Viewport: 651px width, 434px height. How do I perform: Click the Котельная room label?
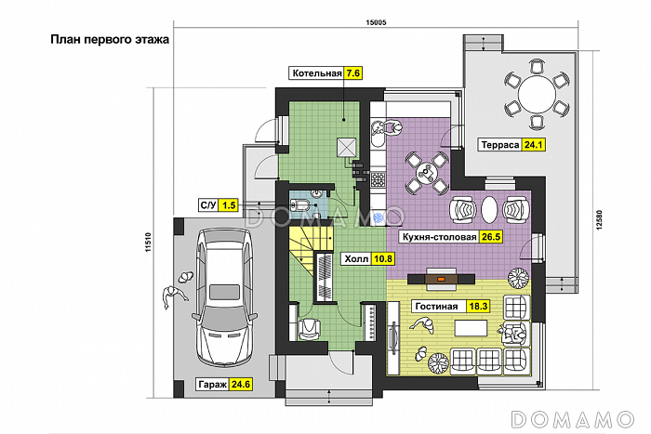click(317, 73)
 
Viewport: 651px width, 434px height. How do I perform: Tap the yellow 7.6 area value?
click(352, 73)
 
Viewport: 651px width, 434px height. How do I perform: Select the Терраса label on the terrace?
click(500, 145)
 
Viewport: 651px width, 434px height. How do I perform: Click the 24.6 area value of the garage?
click(241, 385)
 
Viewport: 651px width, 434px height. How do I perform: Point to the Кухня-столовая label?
click(439, 237)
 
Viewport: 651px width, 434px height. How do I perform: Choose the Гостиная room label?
click(436, 306)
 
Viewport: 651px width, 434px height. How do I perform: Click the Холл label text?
click(356, 259)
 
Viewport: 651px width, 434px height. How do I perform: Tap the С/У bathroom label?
click(208, 205)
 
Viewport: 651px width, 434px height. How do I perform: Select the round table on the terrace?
click(537, 95)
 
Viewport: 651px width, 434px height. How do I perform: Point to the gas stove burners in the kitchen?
click(378, 179)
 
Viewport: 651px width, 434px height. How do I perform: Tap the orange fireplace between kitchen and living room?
click(442, 279)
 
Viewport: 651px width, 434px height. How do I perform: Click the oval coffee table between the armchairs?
click(489, 209)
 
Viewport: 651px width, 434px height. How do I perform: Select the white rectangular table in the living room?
click(471, 327)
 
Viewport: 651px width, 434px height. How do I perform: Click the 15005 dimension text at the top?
click(376, 22)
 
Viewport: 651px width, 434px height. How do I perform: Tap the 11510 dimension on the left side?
click(148, 243)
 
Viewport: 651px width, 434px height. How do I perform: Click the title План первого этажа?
click(110, 39)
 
